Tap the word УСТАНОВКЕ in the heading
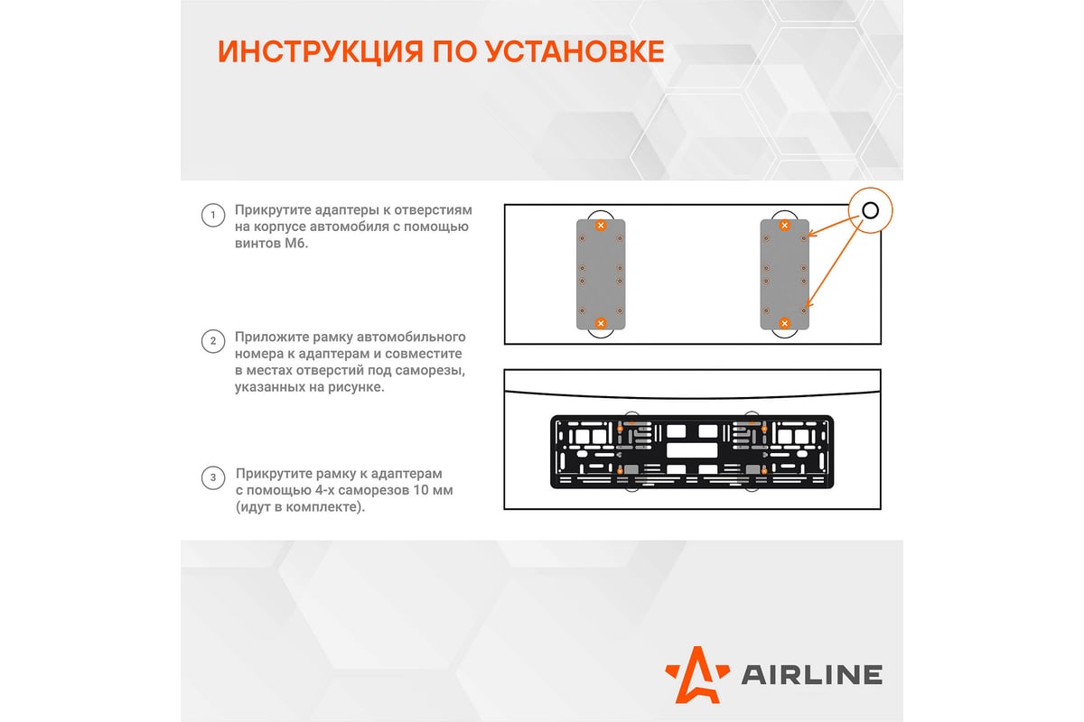point(575,51)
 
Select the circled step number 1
point(212,215)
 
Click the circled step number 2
point(212,341)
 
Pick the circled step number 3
point(212,477)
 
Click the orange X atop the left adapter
point(601,225)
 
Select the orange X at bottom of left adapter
point(601,323)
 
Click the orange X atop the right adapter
point(784,225)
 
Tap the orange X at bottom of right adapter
point(784,323)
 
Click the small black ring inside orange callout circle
point(869,211)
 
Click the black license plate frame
point(691,451)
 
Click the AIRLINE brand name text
point(811,674)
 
